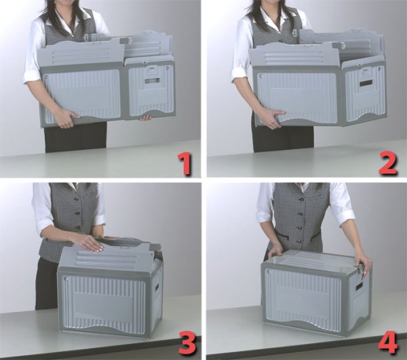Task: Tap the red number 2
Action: (x=387, y=163)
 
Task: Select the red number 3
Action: (x=187, y=343)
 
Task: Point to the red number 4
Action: (x=387, y=342)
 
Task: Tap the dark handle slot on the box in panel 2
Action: (x=366, y=83)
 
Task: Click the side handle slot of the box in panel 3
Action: (x=157, y=287)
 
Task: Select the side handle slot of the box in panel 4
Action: (x=360, y=286)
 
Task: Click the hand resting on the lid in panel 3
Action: (x=89, y=243)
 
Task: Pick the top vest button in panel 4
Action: (x=301, y=200)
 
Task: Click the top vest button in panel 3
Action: (x=76, y=200)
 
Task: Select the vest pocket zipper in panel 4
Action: (x=283, y=235)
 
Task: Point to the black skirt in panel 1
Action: (x=75, y=138)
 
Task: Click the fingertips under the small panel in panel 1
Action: (x=145, y=118)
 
